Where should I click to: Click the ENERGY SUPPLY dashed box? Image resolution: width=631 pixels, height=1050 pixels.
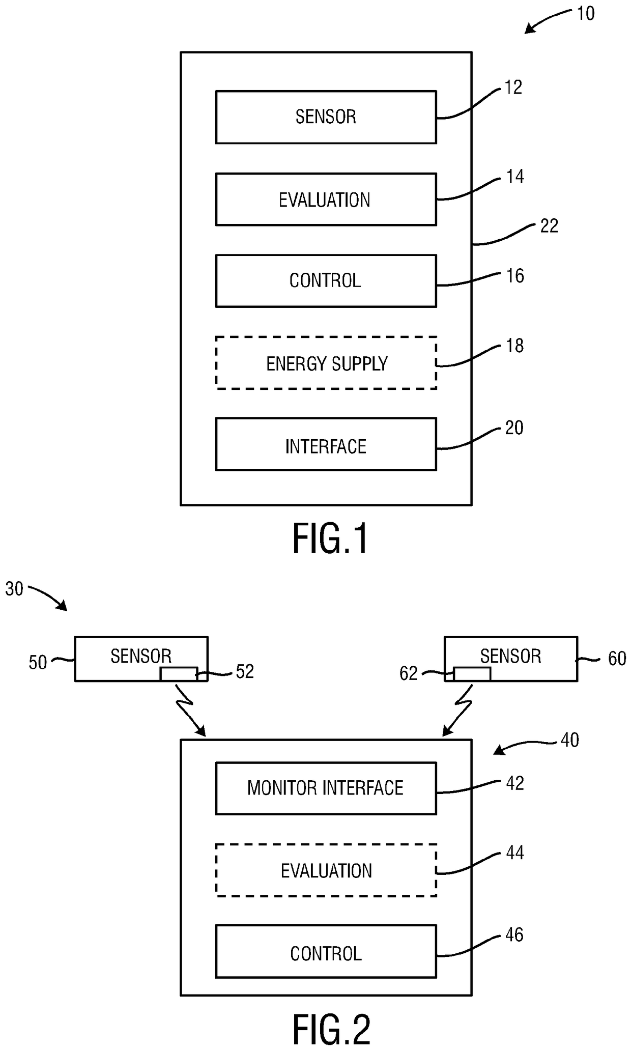pyautogui.click(x=326, y=363)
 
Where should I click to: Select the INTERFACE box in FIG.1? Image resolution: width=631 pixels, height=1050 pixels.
pyautogui.click(x=326, y=444)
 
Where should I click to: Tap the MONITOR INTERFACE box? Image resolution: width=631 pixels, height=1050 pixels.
pyautogui.click(x=326, y=788)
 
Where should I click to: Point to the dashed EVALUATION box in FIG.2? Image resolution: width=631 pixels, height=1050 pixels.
pyautogui.click(x=326, y=871)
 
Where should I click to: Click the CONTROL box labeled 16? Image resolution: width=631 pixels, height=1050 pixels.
pyautogui.click(x=326, y=281)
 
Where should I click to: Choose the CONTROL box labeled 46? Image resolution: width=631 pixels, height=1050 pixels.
pyautogui.click(x=326, y=952)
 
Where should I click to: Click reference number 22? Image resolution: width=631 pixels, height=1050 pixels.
pyautogui.click(x=549, y=226)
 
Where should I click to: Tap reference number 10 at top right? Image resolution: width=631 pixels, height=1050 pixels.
pyautogui.click(x=586, y=14)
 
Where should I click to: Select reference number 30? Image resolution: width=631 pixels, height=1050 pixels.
pyautogui.click(x=14, y=589)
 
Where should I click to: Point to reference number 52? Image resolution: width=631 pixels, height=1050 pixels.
pyautogui.click(x=245, y=672)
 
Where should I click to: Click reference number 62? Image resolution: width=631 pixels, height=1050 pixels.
pyautogui.click(x=408, y=674)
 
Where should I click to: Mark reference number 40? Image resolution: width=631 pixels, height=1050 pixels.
pyautogui.click(x=569, y=740)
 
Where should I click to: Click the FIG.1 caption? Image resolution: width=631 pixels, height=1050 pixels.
pyautogui.click(x=330, y=540)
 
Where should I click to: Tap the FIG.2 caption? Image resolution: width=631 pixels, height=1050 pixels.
pyautogui.click(x=331, y=1030)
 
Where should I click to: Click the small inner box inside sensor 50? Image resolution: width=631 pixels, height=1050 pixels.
pyautogui.click(x=179, y=674)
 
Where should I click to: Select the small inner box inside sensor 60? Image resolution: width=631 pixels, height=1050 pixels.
pyautogui.click(x=472, y=674)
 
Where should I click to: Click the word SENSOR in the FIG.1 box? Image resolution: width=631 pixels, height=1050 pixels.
pyautogui.click(x=326, y=117)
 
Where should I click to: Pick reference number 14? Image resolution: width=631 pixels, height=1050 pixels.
pyautogui.click(x=515, y=177)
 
